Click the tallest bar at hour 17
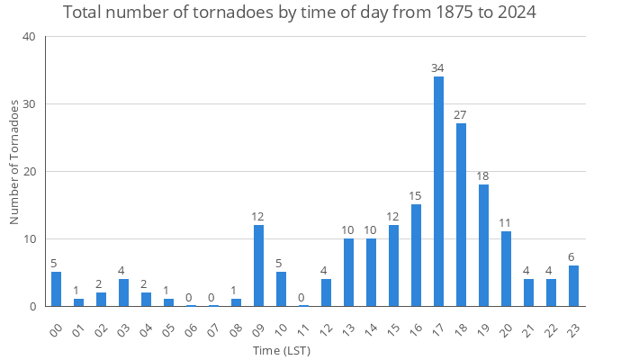pyautogui.click(x=438, y=192)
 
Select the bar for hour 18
pyautogui.click(x=461, y=215)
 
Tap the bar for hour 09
pyautogui.click(x=258, y=265)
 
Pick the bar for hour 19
pyautogui.click(x=483, y=245)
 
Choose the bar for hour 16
pyautogui.click(x=416, y=256)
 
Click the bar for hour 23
pyautogui.click(x=573, y=286)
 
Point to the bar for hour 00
pyautogui.click(x=56, y=289)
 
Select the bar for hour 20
pyautogui.click(x=506, y=269)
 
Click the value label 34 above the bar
pyautogui.click(x=438, y=68)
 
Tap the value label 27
pyautogui.click(x=461, y=115)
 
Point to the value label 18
pyautogui.click(x=483, y=176)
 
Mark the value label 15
pyautogui.click(x=416, y=196)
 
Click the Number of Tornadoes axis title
pyautogui.click(x=14, y=162)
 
